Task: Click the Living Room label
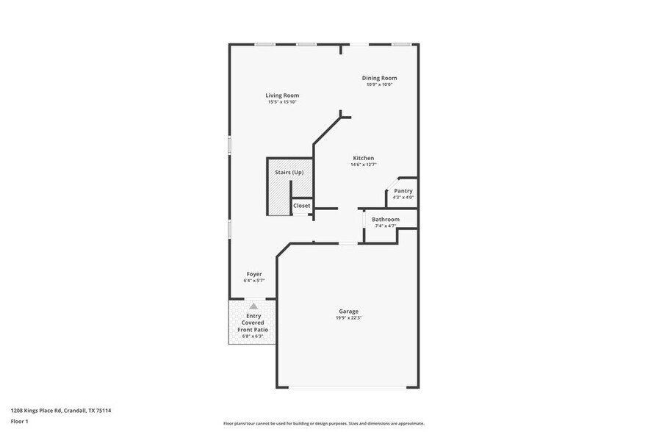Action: click(282, 96)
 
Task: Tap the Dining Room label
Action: click(379, 78)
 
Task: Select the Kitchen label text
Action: click(363, 158)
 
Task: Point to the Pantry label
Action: click(403, 191)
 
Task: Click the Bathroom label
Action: click(386, 220)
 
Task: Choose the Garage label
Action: click(349, 312)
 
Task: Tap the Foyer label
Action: click(253, 274)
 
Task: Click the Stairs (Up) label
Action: click(289, 173)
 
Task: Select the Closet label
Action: click(302, 206)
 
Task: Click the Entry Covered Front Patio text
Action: click(253, 323)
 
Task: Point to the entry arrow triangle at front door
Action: click(253, 305)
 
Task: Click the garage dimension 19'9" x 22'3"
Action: click(349, 318)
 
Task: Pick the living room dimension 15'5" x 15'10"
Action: click(282, 102)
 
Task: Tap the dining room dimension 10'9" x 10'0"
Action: click(379, 84)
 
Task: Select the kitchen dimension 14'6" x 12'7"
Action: click(363, 165)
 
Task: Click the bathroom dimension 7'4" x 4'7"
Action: click(386, 226)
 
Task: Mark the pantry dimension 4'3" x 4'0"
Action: click(403, 198)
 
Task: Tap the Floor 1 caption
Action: click(19, 421)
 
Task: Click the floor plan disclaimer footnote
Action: click(323, 423)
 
